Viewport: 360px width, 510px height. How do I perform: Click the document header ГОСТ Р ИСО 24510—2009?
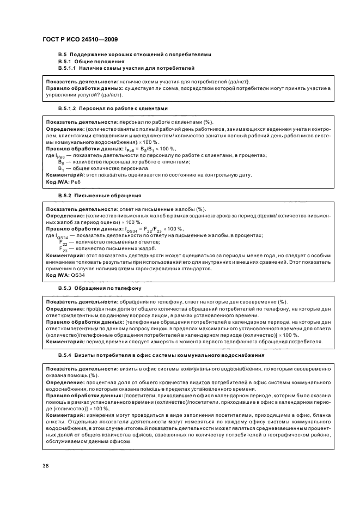coord(80,40)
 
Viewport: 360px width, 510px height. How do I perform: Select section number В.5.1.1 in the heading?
coord(68,68)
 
